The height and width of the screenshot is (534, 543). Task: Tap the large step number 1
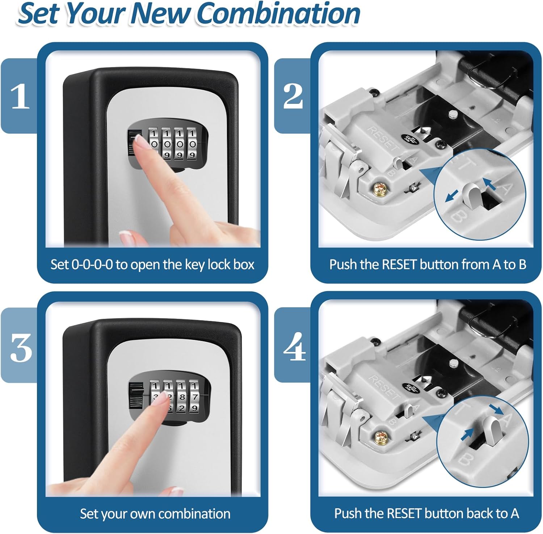click(x=20, y=96)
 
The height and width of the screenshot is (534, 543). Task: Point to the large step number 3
click(x=20, y=348)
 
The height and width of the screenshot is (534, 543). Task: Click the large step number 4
click(x=294, y=348)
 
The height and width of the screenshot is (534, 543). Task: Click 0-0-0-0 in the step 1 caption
click(x=92, y=265)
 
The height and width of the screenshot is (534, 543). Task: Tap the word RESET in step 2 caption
click(x=399, y=265)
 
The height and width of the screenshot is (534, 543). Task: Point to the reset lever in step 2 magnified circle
click(x=473, y=195)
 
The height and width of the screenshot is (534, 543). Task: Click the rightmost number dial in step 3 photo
click(x=194, y=397)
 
